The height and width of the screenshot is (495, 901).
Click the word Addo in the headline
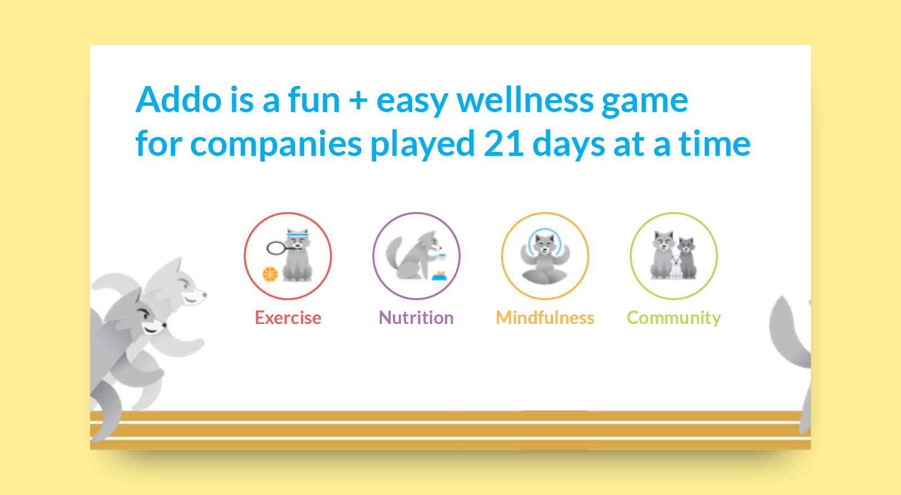pos(179,100)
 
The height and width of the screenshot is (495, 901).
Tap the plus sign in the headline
pos(358,101)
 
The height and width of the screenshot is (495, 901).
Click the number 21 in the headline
pos(503,143)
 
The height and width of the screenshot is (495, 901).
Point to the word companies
pos(276,144)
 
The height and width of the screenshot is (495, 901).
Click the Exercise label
pos(288,318)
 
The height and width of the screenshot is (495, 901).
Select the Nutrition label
pos(416,318)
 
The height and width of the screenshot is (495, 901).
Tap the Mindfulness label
pos(545,318)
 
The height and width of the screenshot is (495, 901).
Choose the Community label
pos(673,318)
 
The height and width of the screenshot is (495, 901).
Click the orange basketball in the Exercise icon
pos(270,274)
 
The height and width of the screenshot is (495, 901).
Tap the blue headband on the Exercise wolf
pos(297,234)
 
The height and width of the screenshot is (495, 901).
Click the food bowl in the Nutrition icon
pos(439,276)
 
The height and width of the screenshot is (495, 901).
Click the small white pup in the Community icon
pos(676,267)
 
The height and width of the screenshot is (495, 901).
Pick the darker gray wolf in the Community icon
pos(686,258)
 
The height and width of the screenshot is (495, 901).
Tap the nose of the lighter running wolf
pos(204,295)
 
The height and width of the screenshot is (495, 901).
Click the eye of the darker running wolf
pos(144,314)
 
